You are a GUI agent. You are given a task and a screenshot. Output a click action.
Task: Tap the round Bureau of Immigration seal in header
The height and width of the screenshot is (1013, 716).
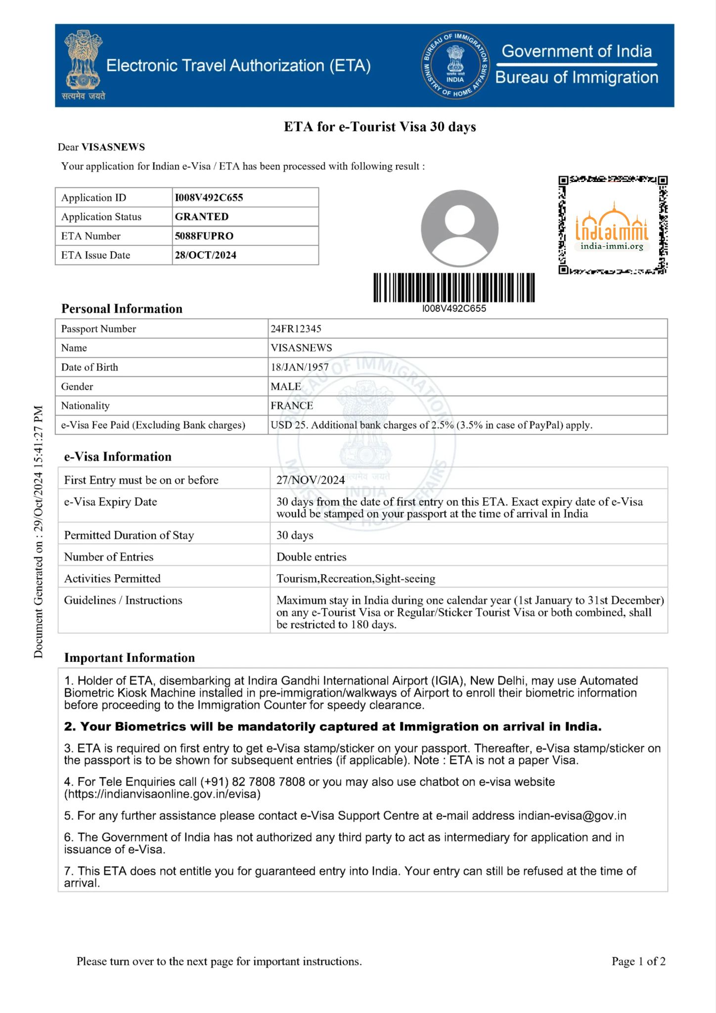tap(455, 66)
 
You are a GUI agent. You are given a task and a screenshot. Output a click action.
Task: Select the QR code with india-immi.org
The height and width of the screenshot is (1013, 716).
tap(613, 225)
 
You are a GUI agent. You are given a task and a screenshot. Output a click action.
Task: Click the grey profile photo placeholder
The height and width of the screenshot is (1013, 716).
tap(459, 228)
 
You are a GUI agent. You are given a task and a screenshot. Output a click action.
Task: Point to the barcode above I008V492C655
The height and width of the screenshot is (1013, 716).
tap(454, 287)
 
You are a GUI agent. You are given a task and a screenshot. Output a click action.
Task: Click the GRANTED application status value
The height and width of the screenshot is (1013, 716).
tap(202, 217)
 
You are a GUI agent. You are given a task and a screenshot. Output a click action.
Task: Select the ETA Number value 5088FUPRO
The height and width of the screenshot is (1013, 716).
tap(204, 236)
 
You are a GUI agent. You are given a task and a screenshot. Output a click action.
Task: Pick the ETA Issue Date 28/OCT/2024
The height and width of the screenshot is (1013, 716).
tap(205, 255)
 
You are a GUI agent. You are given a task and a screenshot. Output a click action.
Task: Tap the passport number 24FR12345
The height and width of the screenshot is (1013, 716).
tap(296, 328)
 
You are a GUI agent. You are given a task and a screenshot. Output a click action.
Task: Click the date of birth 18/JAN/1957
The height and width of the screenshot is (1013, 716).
tap(300, 367)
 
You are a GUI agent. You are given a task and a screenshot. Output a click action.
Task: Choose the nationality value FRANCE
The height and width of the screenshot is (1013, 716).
tap(292, 406)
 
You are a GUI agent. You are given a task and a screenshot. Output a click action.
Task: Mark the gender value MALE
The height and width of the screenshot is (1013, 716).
tap(286, 386)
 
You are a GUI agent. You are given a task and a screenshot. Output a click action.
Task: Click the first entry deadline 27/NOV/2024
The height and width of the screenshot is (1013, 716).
tap(311, 480)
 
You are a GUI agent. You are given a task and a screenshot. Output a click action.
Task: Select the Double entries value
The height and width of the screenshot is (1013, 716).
tap(312, 557)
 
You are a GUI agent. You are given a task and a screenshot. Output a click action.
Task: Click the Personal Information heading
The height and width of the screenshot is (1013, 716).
tap(122, 309)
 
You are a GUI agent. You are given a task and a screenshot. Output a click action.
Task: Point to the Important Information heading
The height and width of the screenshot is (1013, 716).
tap(130, 658)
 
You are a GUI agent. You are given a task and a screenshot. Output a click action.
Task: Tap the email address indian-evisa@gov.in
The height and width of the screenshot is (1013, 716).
tap(572, 816)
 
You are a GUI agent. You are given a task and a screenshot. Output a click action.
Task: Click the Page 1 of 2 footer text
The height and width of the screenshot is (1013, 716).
tap(638, 961)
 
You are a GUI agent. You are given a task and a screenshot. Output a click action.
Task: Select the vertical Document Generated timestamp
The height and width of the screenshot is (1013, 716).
tap(39, 532)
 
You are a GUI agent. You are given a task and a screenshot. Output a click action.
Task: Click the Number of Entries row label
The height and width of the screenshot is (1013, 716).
tap(109, 557)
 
